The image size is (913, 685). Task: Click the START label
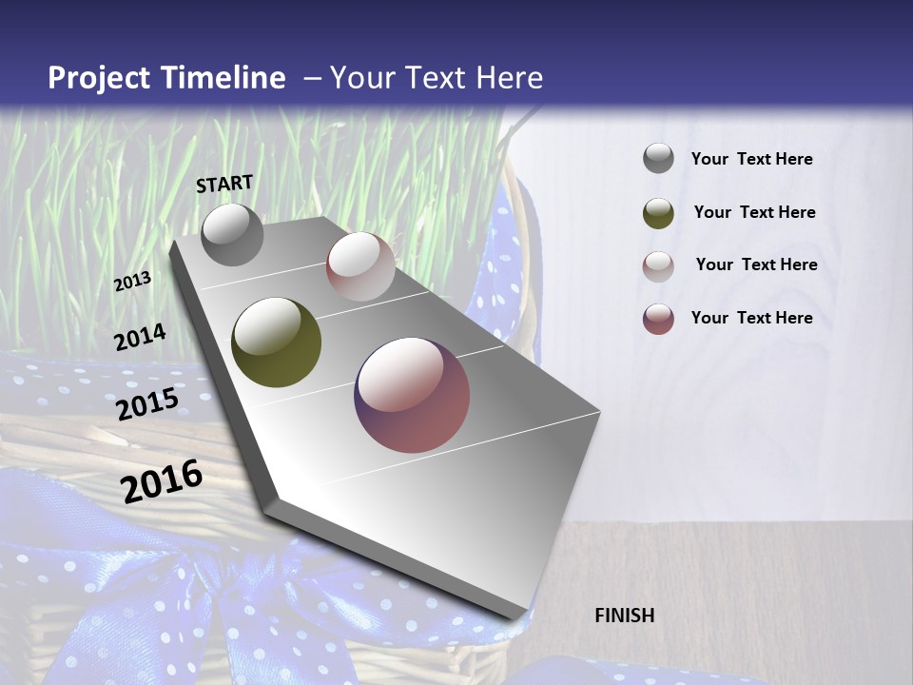tap(224, 183)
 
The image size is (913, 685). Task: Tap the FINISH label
tap(625, 616)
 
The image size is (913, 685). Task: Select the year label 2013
tap(132, 282)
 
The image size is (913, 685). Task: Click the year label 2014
tap(140, 337)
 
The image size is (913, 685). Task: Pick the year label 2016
tap(162, 480)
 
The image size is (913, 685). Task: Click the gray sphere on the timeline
tap(232, 235)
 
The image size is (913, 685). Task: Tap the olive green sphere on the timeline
tap(276, 342)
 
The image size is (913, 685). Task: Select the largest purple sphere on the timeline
tap(412, 395)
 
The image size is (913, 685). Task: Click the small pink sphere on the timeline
tap(360, 266)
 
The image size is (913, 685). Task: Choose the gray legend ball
tap(658, 159)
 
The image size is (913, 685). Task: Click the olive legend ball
tap(658, 213)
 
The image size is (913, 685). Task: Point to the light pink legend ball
tap(658, 266)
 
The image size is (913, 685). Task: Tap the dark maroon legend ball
tap(658, 319)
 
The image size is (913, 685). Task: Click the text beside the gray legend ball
tap(751, 159)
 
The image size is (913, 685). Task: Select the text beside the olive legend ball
tap(754, 212)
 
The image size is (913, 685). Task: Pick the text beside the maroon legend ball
tap(751, 318)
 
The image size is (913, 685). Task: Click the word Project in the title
tap(99, 78)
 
